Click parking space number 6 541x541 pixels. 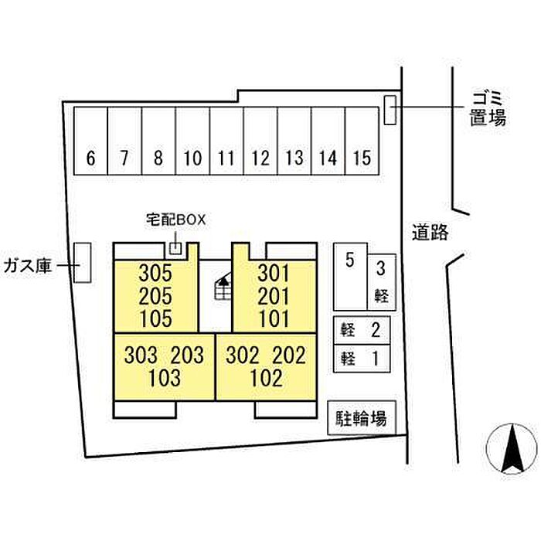tap(90, 141)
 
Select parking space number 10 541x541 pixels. tap(192, 141)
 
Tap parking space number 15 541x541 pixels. tap(362, 141)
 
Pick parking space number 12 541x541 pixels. tap(260, 141)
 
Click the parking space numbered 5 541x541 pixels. tap(350, 277)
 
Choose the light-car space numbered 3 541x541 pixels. tap(382, 282)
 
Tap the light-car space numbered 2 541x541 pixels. tap(362, 330)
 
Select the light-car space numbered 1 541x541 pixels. tap(362, 359)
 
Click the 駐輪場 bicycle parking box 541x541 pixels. tap(361, 417)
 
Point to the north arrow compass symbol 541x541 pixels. tap(512, 448)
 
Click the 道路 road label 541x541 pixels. tap(430, 232)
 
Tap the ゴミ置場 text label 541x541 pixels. tap(488, 108)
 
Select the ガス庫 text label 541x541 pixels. tap(28, 266)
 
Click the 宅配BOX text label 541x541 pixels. tap(175, 219)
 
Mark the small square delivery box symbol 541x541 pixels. tap(175, 248)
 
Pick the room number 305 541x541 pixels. tap(155, 274)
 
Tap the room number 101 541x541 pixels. tap(274, 318)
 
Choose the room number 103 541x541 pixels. tap(164, 378)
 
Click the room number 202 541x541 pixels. tap(289, 356)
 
